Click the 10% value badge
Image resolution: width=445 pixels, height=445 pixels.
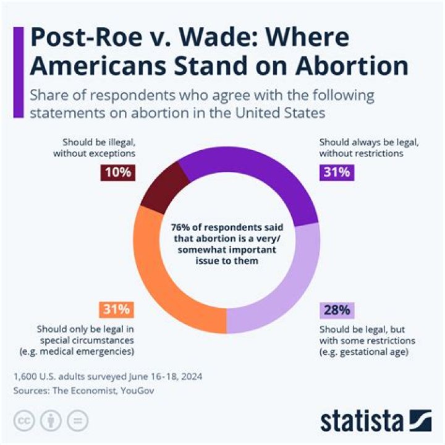[117, 172]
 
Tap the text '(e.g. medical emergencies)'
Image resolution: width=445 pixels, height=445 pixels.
[87, 351]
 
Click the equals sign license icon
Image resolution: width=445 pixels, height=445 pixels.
[77, 420]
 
